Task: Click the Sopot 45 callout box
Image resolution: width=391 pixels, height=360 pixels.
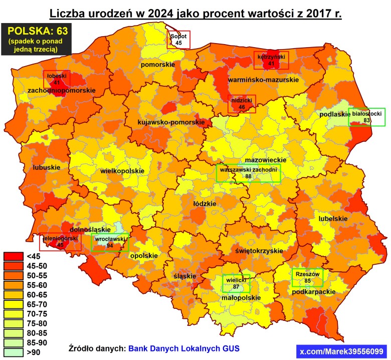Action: click(178, 40)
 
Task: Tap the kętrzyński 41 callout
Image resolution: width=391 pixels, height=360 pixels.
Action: click(271, 61)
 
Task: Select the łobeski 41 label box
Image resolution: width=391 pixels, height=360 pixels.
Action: click(57, 79)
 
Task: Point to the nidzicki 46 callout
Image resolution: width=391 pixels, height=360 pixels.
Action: click(242, 103)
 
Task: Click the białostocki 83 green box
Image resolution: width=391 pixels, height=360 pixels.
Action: click(367, 117)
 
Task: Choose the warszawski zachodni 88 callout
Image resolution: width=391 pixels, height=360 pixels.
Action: click(248, 173)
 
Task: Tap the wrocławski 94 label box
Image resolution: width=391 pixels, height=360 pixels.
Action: click(110, 242)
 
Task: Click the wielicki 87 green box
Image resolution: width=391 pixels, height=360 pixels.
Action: click(236, 284)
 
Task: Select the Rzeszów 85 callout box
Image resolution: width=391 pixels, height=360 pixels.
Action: click(307, 277)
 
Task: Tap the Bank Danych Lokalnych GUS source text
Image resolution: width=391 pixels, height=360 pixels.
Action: click(184, 348)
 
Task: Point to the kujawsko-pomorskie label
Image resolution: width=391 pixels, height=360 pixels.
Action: click(171, 122)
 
